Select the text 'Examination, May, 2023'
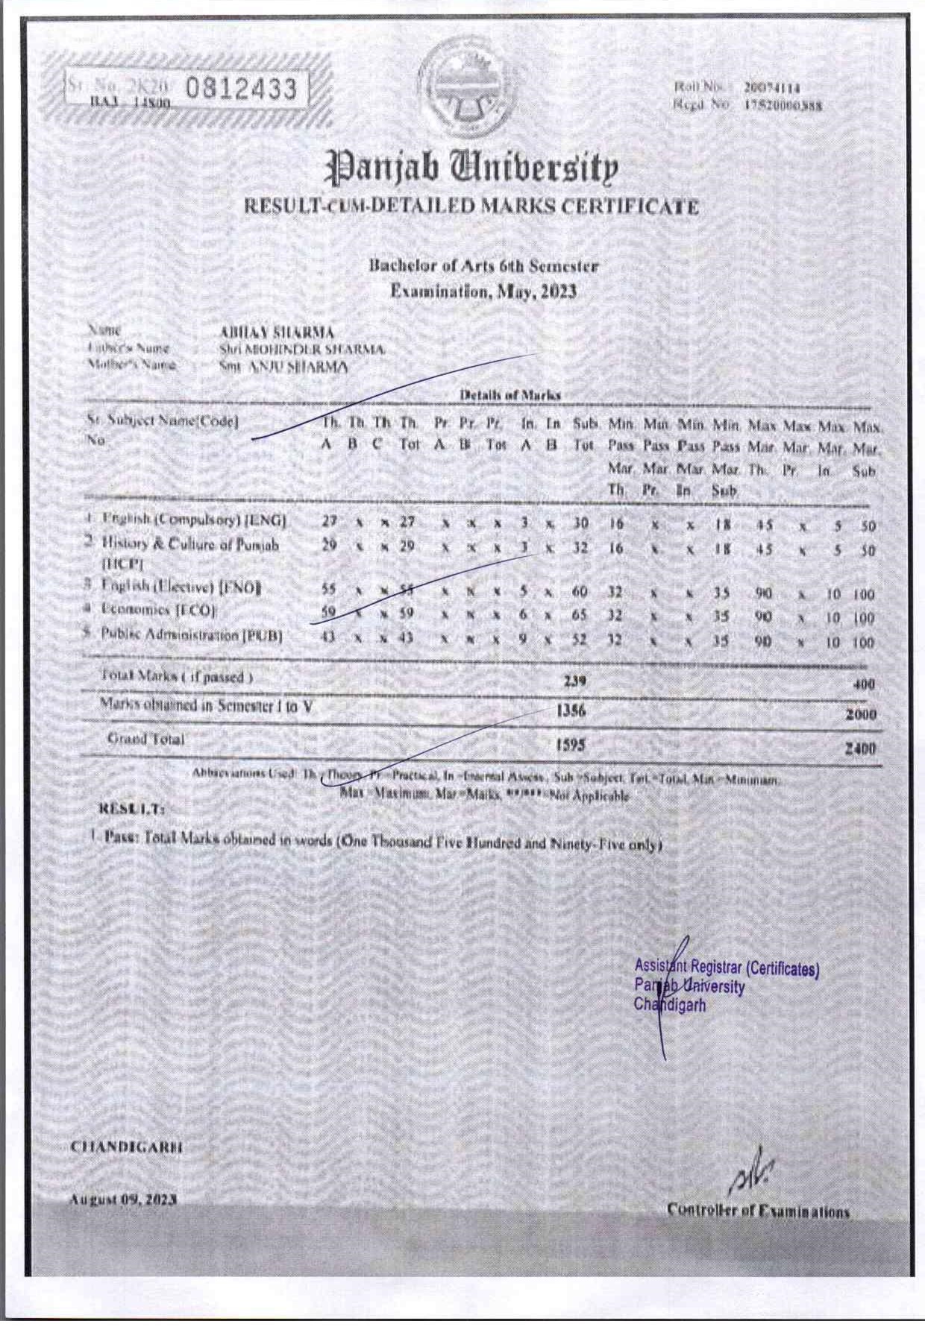pos(484,291)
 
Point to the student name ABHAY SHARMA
pos(277,332)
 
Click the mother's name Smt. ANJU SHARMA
pos(283,367)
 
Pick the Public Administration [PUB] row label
pos(192,635)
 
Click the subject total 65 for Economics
pos(580,616)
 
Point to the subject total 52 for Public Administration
pos(580,640)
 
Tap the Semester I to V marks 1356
pos(571,711)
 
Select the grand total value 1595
pos(571,744)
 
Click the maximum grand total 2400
pos(860,748)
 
